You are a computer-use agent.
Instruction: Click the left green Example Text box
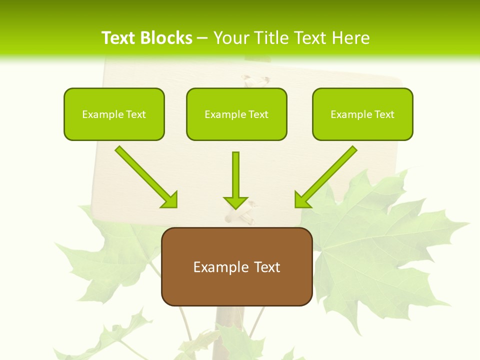pos(114,114)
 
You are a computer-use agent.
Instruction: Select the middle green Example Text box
pos(236,114)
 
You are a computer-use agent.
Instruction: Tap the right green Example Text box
pos(362,114)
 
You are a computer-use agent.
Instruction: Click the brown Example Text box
pos(236,266)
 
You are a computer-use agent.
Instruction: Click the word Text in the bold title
pos(118,38)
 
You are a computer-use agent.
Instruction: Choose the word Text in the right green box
pos(384,114)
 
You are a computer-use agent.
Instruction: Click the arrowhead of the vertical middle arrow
pos(236,202)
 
